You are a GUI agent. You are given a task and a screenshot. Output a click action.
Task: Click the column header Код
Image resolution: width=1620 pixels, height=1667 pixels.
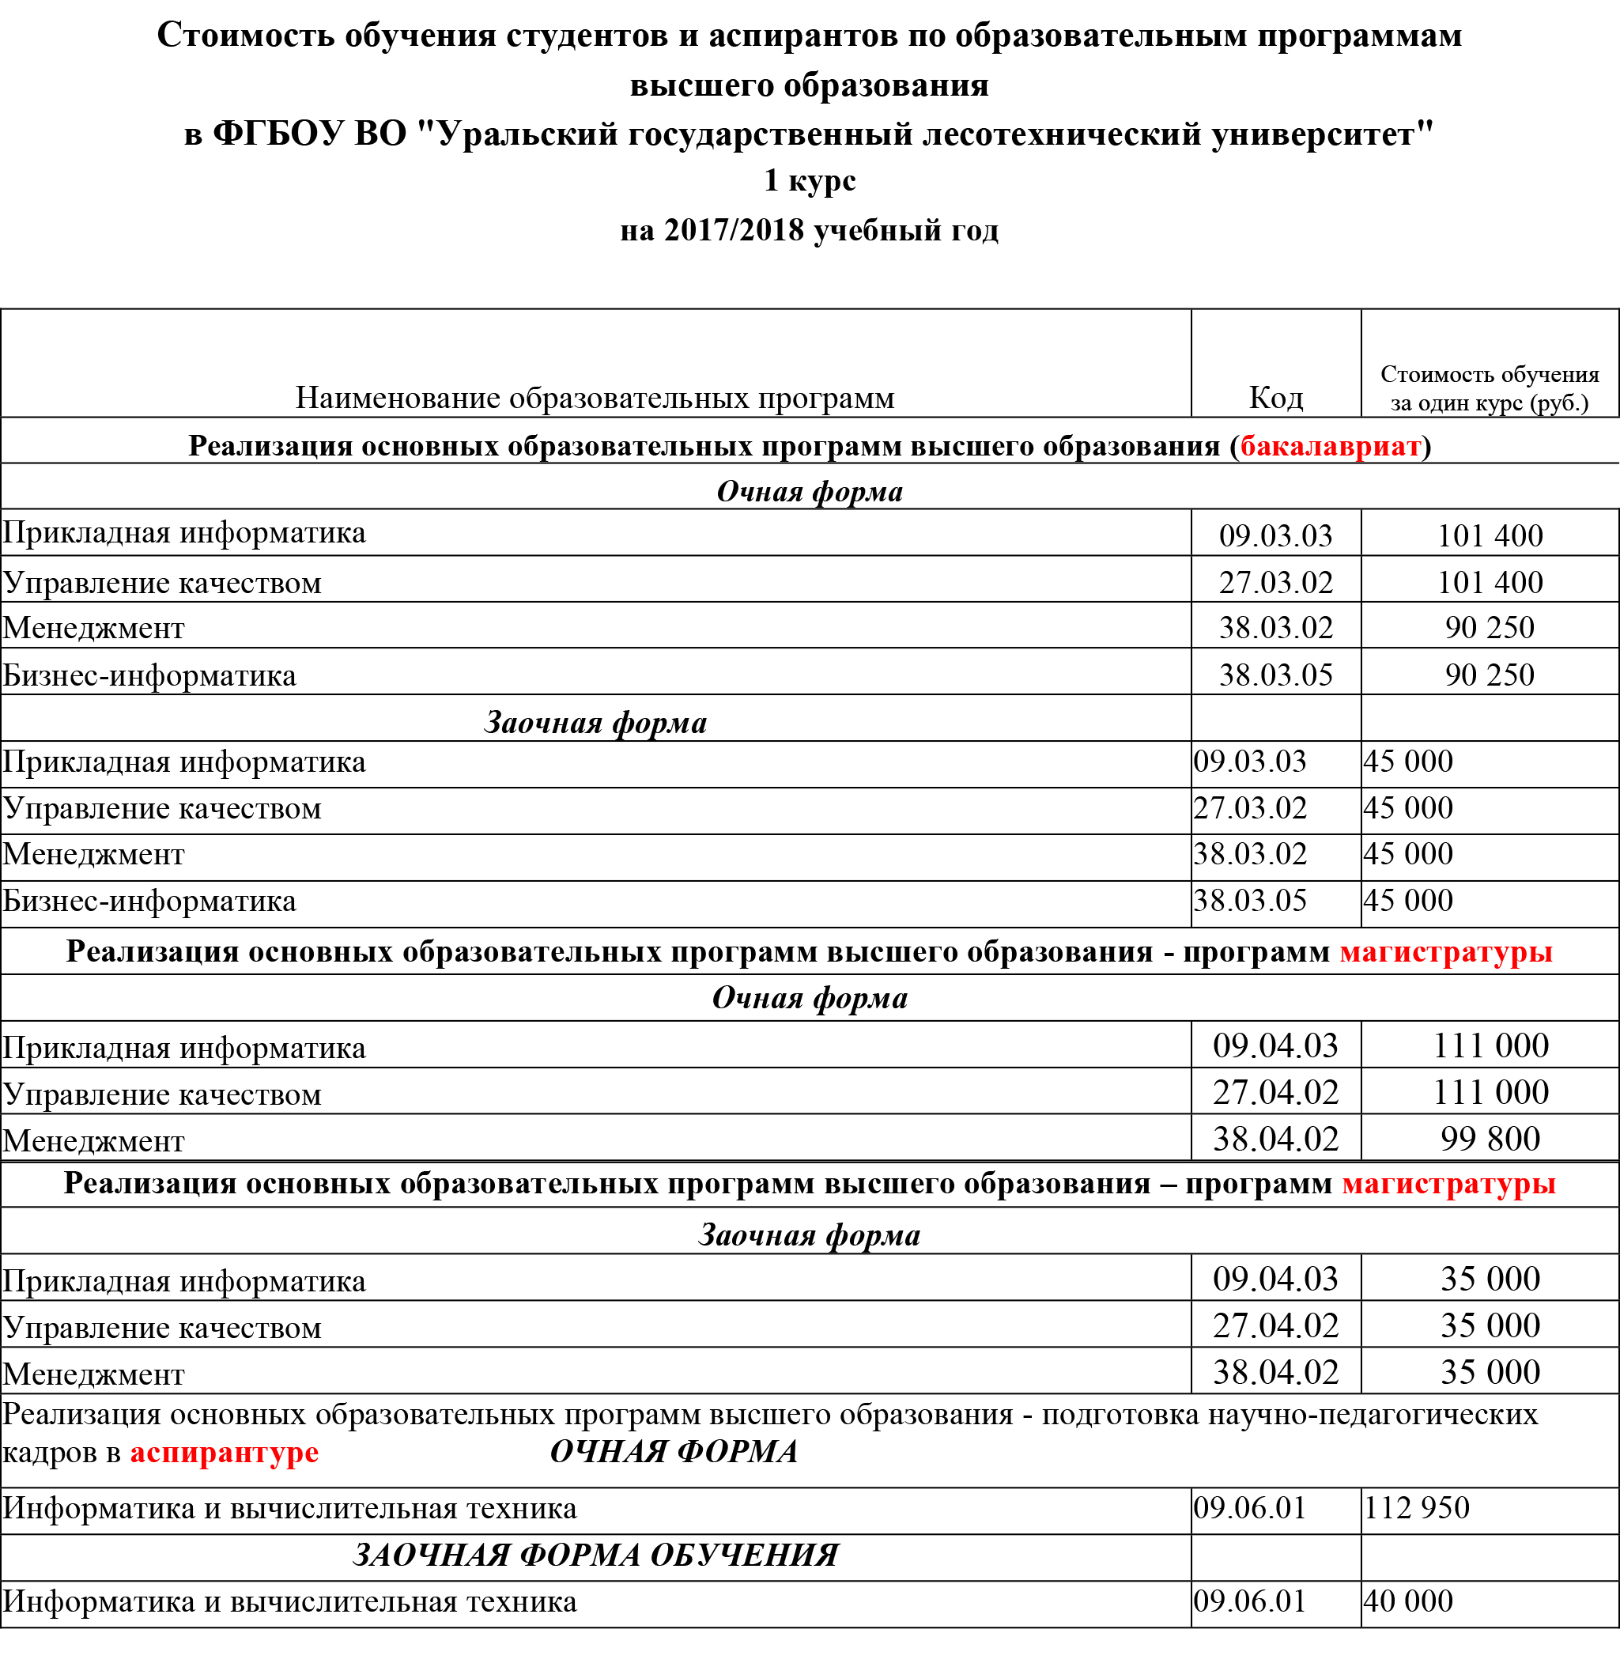coord(1275,398)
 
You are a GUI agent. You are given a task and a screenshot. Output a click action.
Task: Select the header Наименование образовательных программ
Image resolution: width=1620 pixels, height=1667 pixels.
coord(595,398)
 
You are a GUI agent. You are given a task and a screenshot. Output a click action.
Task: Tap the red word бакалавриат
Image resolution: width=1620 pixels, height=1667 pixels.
coord(1330,446)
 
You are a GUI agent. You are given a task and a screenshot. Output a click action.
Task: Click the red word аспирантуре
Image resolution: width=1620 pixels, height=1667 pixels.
coord(224,1452)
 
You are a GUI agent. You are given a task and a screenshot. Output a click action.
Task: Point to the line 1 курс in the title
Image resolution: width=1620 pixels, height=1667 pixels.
coord(809,180)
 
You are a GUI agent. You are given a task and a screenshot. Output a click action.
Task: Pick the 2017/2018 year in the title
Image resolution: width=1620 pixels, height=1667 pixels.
coord(734,230)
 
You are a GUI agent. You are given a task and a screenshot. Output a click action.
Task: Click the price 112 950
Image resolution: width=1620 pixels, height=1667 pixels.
coord(1417,1508)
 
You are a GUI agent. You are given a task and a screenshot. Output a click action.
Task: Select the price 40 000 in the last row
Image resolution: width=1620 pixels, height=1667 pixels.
coord(1408,1601)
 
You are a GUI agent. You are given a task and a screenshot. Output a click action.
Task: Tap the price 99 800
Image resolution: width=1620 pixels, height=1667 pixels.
coord(1490,1139)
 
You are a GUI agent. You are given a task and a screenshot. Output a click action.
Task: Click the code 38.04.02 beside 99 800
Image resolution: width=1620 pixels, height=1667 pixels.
coord(1275,1139)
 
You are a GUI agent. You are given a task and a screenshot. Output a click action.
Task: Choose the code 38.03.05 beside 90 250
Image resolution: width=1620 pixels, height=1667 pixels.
coord(1275,675)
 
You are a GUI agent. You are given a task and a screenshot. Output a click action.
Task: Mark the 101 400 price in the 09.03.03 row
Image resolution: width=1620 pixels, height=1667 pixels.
coord(1490,535)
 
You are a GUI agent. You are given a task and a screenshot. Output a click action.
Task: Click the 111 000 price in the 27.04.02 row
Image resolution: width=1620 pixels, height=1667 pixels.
coord(1490,1092)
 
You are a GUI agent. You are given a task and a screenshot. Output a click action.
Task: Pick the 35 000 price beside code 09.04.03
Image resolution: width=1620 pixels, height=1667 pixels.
coord(1490,1279)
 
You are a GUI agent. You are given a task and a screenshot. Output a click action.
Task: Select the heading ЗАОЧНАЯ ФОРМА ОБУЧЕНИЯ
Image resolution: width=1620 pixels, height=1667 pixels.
coord(595,1555)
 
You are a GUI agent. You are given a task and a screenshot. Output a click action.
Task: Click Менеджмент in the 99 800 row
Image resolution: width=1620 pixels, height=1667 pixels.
coord(93,1141)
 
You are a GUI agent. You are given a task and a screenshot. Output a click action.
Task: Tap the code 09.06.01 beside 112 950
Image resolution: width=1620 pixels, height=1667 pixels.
coord(1249,1508)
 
